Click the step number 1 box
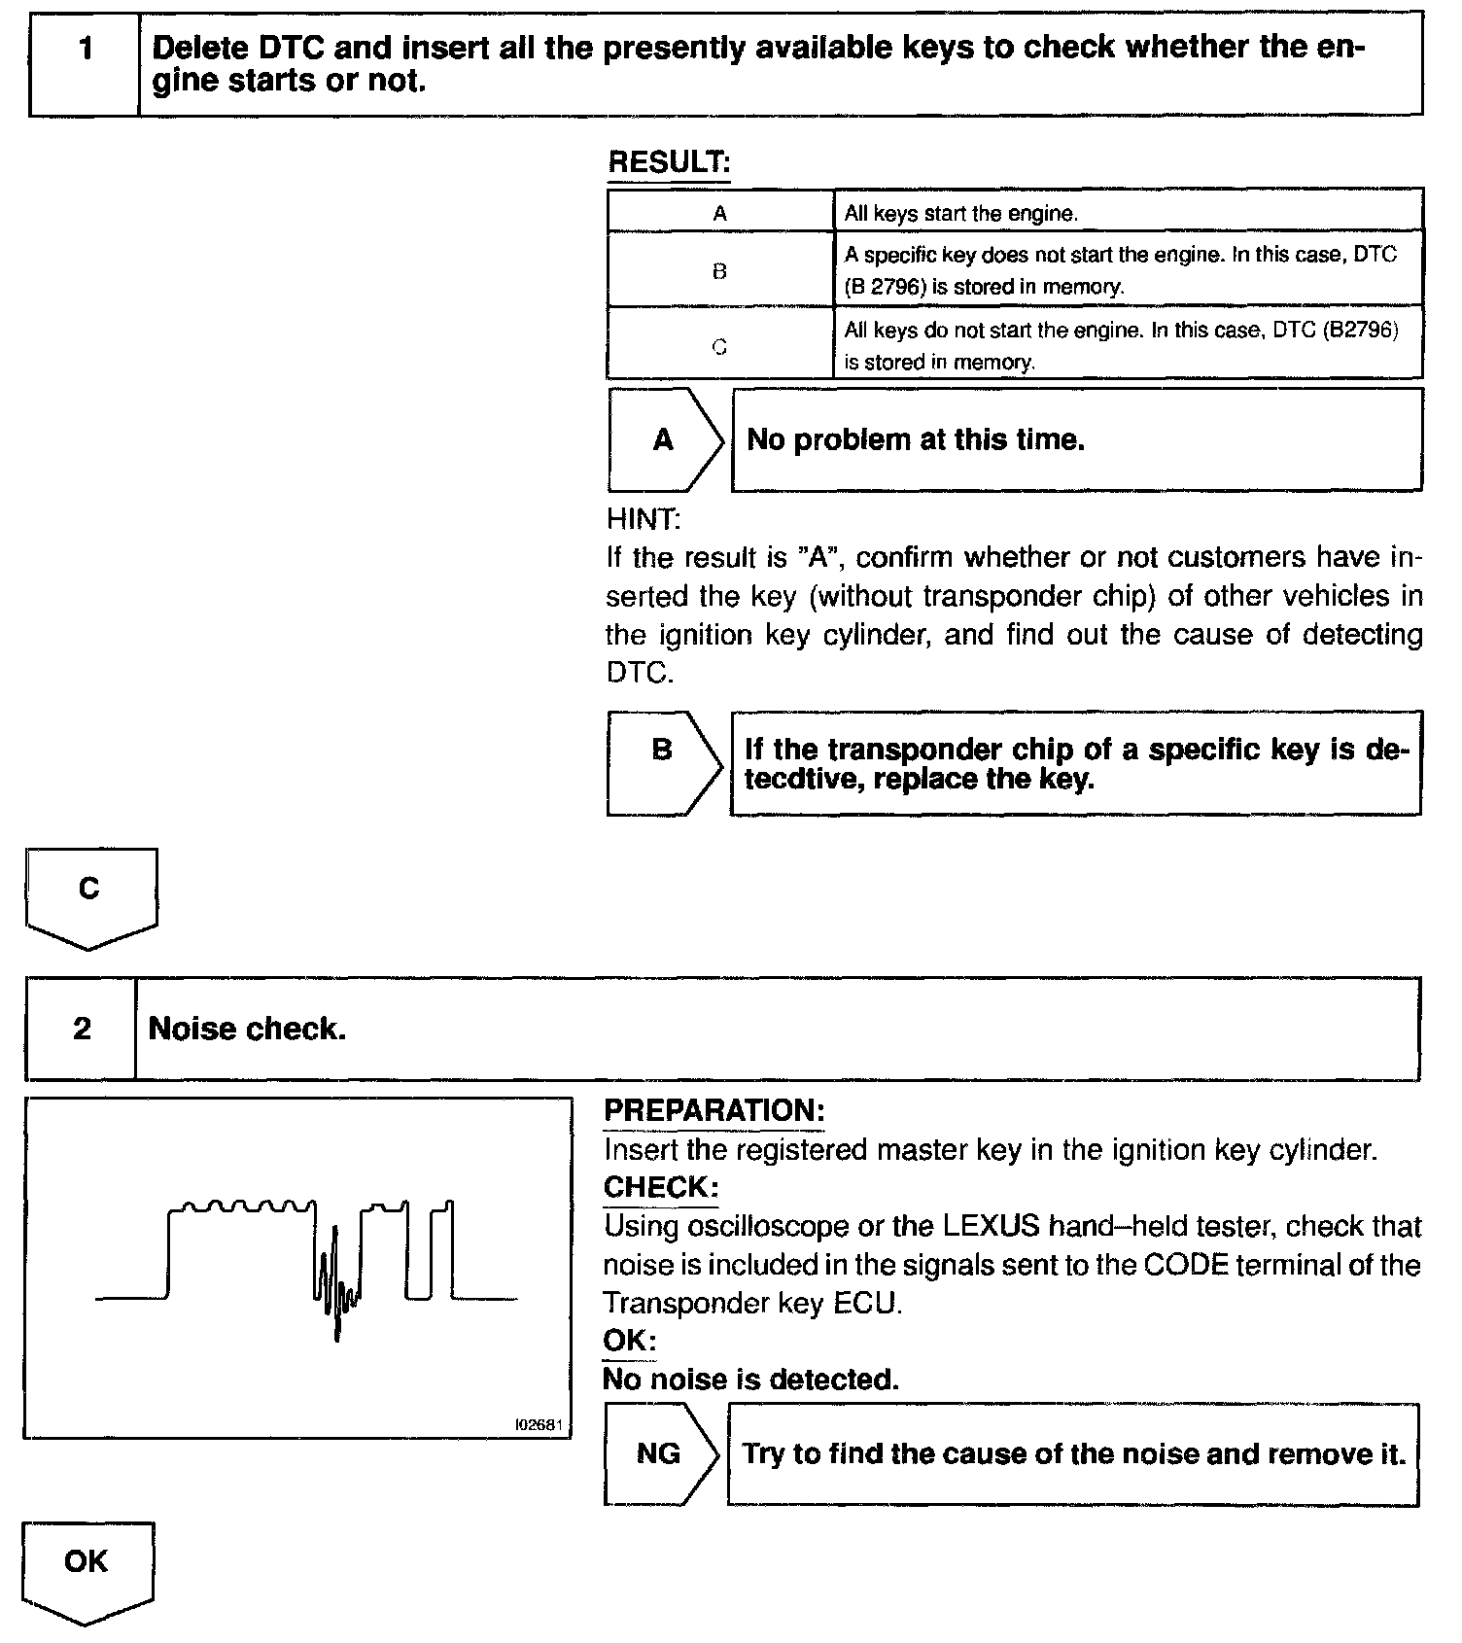(85, 64)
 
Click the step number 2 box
(81, 1029)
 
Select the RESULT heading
(668, 162)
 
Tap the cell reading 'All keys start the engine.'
(960, 213)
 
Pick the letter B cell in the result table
(719, 271)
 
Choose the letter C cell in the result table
(719, 346)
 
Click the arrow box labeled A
(664, 440)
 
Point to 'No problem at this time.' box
(1075, 440)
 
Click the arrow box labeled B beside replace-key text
(663, 763)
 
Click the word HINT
(643, 519)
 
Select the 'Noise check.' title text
(247, 1029)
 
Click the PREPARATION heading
(714, 1110)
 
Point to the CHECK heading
(661, 1187)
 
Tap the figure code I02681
(540, 1424)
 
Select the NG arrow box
(659, 1454)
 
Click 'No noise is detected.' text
(750, 1380)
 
